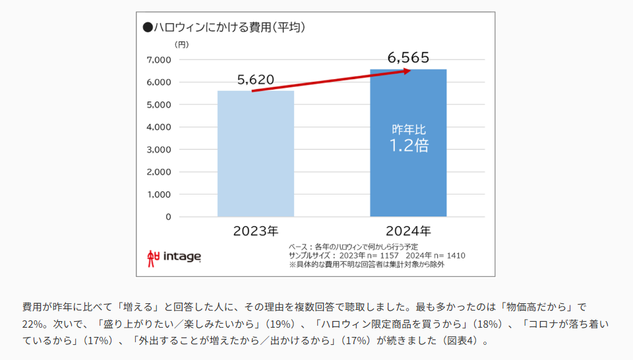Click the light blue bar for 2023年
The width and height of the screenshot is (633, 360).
click(x=256, y=154)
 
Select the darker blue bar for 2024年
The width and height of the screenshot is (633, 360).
click(x=408, y=171)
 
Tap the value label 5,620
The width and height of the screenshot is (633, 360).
click(x=256, y=80)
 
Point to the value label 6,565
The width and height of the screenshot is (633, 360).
click(x=409, y=58)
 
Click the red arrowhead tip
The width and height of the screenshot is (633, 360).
click(x=411, y=70)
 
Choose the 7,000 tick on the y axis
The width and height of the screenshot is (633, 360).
click(x=158, y=60)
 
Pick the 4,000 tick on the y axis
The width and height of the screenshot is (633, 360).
click(x=158, y=127)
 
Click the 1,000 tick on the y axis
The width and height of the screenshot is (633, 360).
click(x=158, y=195)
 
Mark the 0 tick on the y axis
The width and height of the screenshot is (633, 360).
click(x=168, y=217)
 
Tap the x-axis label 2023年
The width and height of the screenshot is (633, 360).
click(x=256, y=231)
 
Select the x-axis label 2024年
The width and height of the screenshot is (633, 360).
click(x=408, y=231)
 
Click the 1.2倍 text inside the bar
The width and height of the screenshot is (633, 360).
click(x=409, y=146)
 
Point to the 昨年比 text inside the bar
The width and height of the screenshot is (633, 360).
click(x=409, y=129)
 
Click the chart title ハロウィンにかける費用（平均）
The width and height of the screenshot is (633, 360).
click(x=228, y=28)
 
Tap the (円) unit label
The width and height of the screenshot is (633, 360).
click(x=181, y=45)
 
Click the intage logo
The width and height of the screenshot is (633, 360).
click(x=175, y=256)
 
